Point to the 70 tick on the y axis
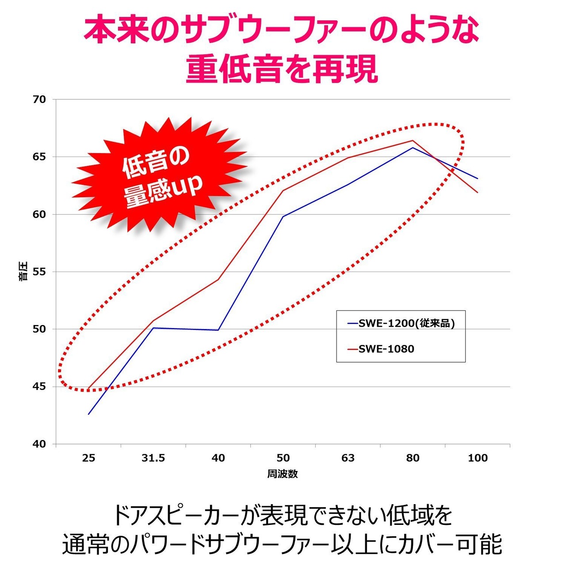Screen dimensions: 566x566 pyautogui.click(x=39, y=99)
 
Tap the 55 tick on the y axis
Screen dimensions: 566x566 pyautogui.click(x=39, y=272)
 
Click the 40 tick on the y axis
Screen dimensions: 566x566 pyautogui.click(x=39, y=444)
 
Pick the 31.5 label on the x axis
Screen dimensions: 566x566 pyautogui.click(x=153, y=458)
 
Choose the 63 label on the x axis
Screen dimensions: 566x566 pyautogui.click(x=348, y=458)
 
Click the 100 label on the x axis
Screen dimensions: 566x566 pyautogui.click(x=478, y=458)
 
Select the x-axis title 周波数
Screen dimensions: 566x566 pyautogui.click(x=283, y=474)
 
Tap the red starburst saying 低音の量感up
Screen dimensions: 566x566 pyautogui.click(x=159, y=177)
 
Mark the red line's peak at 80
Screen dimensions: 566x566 pyautogui.click(x=413, y=141)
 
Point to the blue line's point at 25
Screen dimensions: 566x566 pyautogui.click(x=89, y=414)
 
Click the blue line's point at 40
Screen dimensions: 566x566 pyautogui.click(x=218, y=330)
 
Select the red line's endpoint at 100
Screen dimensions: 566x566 pyautogui.click(x=478, y=192)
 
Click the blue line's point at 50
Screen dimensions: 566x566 pyautogui.click(x=283, y=216)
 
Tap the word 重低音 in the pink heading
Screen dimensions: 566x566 pyautogui.click(x=235, y=69)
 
